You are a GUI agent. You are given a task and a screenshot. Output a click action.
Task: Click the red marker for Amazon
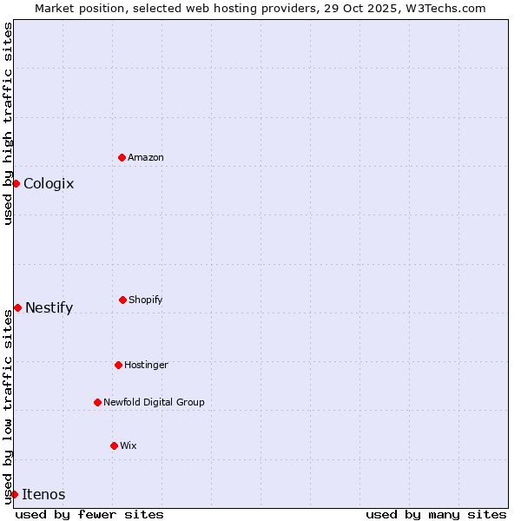click(x=122, y=157)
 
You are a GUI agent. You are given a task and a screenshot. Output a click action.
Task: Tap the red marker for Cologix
click(x=16, y=183)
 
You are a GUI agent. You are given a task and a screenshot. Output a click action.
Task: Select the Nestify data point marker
click(x=17, y=307)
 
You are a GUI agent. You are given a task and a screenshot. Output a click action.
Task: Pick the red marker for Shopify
click(x=122, y=300)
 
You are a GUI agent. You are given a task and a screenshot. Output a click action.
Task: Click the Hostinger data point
click(x=118, y=365)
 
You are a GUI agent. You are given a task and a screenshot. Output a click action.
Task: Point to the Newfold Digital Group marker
click(x=97, y=402)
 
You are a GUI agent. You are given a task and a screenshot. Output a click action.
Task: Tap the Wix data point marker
click(x=114, y=445)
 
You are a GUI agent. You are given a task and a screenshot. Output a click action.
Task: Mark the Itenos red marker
click(x=14, y=494)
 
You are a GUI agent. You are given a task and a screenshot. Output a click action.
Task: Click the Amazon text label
click(x=146, y=157)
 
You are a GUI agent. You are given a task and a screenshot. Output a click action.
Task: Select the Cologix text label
click(x=49, y=183)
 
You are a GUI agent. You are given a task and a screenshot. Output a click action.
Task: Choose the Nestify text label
click(x=49, y=307)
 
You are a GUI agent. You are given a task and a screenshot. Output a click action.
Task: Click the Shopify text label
click(x=146, y=300)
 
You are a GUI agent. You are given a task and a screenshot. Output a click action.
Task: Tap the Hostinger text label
click(x=146, y=365)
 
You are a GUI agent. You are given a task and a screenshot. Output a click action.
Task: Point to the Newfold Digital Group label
click(x=154, y=402)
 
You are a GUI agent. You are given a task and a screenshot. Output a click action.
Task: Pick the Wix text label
click(x=129, y=445)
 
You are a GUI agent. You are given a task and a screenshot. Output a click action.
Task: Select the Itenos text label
click(x=43, y=494)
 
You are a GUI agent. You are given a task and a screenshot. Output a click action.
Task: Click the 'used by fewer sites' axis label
click(x=89, y=514)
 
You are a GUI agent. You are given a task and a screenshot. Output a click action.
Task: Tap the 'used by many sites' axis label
click(x=436, y=514)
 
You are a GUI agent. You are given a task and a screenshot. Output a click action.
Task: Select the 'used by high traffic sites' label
click(x=8, y=123)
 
